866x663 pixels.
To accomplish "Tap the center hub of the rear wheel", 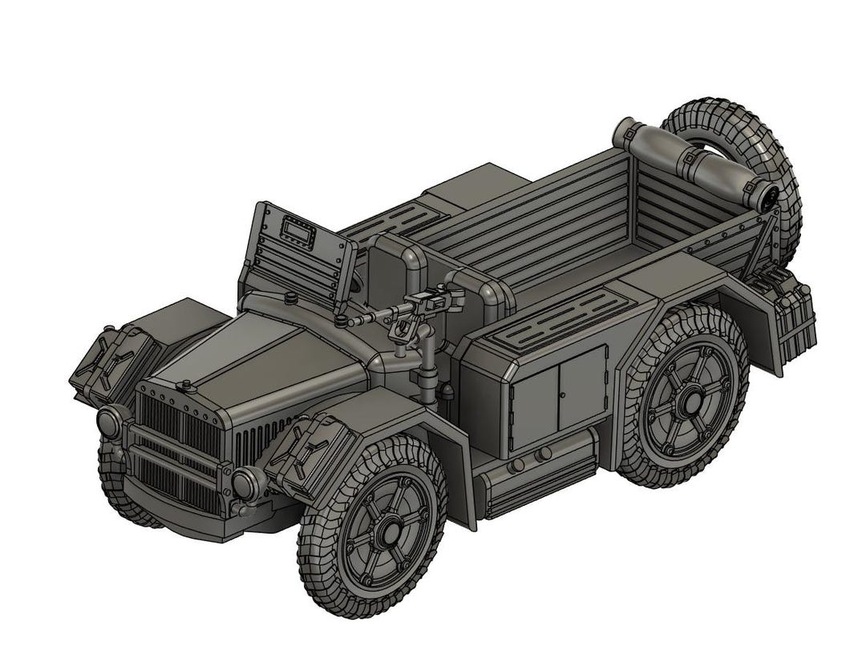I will click(x=690, y=394).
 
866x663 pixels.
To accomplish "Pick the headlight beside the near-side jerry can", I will click(x=245, y=482).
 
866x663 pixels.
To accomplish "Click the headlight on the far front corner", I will click(x=109, y=422).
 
